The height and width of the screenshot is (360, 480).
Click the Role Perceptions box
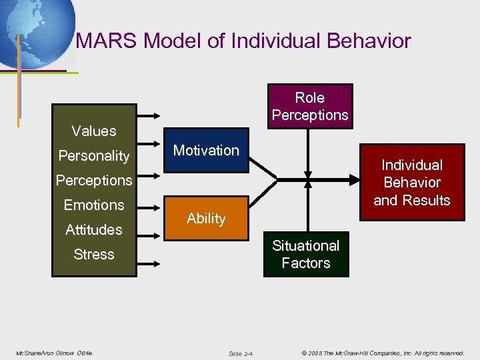[x=310, y=106]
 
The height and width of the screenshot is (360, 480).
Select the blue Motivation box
[x=206, y=151]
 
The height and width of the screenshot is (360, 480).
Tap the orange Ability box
[x=206, y=219]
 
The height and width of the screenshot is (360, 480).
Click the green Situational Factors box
[x=305, y=254]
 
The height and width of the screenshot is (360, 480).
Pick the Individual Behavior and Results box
[x=411, y=183]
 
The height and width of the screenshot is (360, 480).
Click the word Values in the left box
[x=94, y=131]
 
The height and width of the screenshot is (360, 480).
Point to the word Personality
[x=94, y=156]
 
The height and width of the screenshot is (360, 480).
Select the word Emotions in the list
[x=94, y=205]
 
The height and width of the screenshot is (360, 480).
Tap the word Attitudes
[x=94, y=230]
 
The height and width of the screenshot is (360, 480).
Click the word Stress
[x=94, y=255]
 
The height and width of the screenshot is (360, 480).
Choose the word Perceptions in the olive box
[x=94, y=181]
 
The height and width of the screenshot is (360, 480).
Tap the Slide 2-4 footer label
[x=240, y=353]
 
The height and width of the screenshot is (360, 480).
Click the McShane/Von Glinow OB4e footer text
[x=54, y=352]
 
